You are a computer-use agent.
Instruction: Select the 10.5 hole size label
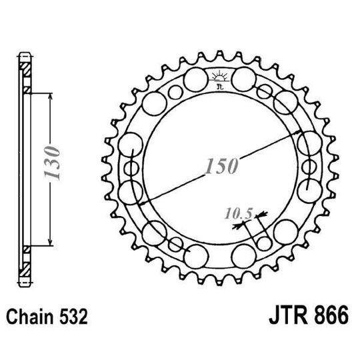click(x=237, y=213)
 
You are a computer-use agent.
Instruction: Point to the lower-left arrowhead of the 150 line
click(x=139, y=201)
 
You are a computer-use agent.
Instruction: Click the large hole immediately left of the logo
click(x=195, y=81)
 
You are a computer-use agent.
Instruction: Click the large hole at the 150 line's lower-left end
click(x=132, y=191)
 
